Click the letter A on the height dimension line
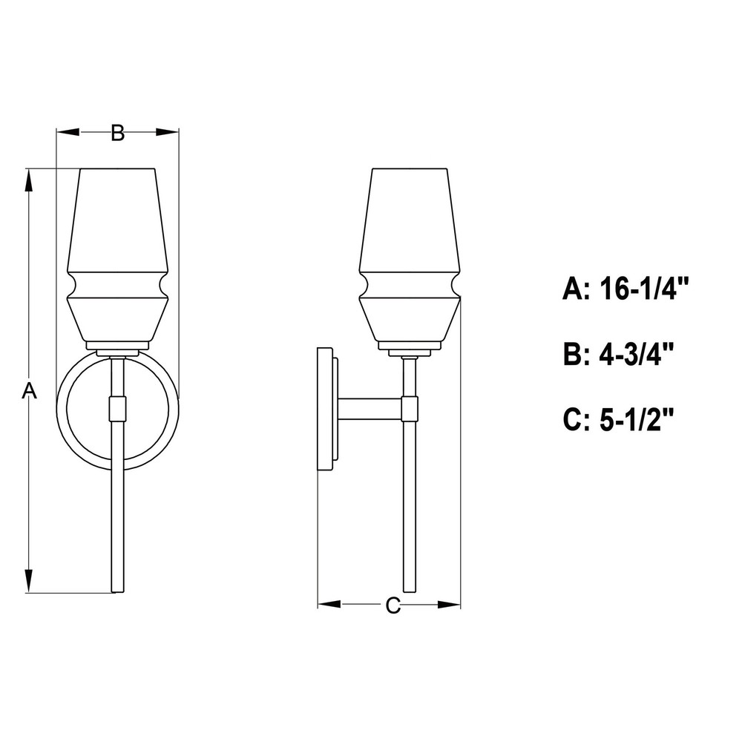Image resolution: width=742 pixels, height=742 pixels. (x=30, y=391)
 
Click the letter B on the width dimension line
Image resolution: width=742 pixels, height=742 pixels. (x=118, y=133)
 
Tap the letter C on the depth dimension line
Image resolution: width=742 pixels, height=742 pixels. (x=393, y=605)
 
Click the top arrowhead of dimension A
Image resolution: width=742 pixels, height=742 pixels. (x=30, y=180)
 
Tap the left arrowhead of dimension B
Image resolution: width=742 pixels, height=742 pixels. (x=68, y=133)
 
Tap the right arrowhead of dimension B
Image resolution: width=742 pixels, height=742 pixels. (x=167, y=133)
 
